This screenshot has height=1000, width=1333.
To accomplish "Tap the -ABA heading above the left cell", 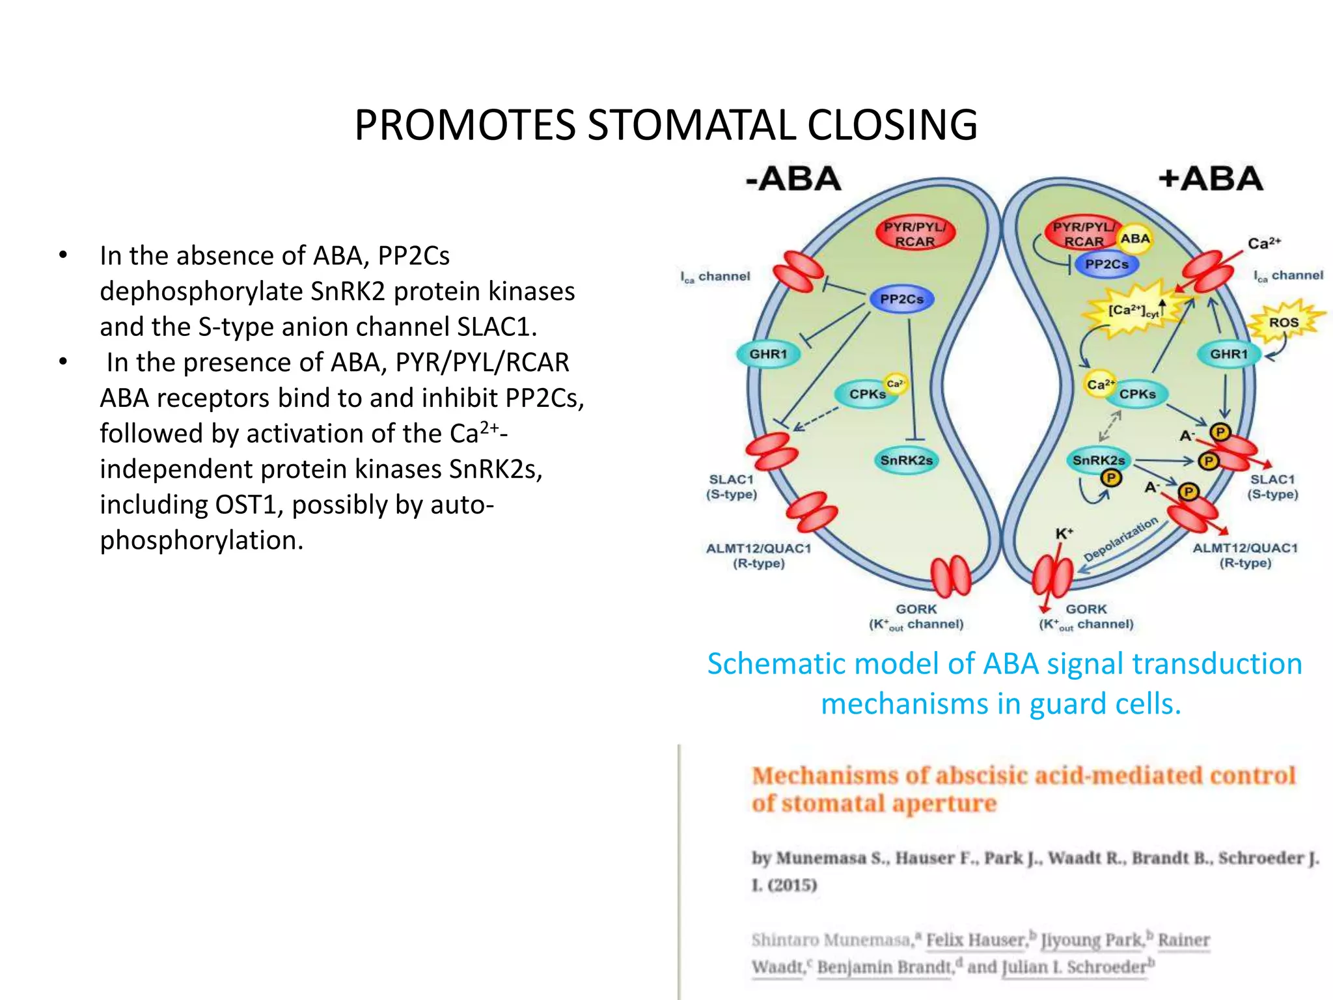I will [793, 179].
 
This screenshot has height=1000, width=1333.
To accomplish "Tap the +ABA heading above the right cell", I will [1211, 179].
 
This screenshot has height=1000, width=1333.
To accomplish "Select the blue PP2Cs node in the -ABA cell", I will [901, 299].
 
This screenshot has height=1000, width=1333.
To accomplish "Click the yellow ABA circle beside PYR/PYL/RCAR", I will [1135, 239].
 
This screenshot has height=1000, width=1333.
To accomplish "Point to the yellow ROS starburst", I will [1284, 322].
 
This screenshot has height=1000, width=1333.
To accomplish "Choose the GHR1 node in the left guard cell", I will [768, 354].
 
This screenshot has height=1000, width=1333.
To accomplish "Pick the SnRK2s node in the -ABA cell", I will [906, 460].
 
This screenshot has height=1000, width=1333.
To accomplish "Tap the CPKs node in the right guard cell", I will [1137, 394].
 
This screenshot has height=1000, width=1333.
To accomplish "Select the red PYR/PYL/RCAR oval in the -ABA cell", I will [914, 234].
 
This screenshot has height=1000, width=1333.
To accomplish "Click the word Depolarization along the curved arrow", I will [1121, 539].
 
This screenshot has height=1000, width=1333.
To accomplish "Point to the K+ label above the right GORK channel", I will [1064, 534].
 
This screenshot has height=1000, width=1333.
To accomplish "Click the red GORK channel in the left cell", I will [950, 576].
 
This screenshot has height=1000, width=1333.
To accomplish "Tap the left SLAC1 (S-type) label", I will [732, 487].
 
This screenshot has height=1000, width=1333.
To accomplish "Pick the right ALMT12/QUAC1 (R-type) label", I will [1244, 555].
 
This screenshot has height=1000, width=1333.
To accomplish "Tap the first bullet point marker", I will [62, 255].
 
